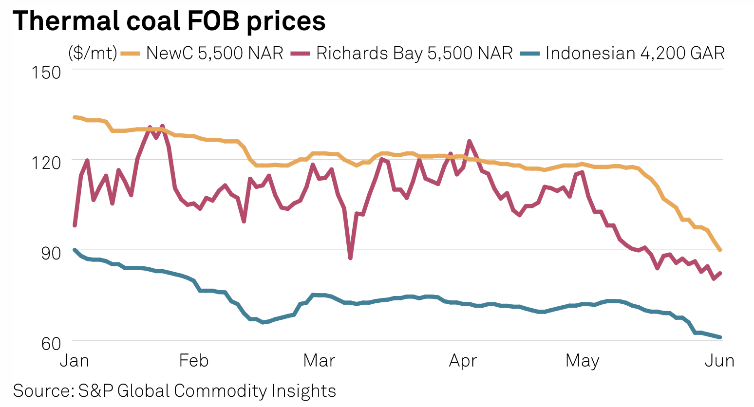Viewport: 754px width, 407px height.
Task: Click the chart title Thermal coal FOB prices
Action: tap(169, 21)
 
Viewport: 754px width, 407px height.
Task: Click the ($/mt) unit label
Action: tap(93, 53)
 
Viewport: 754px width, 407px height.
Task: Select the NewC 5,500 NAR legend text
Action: tap(215, 53)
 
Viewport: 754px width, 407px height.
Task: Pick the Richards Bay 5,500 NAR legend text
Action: tap(415, 53)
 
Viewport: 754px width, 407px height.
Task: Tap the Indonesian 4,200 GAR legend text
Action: tap(635, 53)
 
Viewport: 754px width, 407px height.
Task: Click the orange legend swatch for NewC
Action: tap(131, 53)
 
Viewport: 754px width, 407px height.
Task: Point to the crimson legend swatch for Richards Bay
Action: tap(301, 53)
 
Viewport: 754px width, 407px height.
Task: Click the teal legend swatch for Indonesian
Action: tap(530, 53)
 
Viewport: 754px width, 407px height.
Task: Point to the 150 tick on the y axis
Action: tap(46, 73)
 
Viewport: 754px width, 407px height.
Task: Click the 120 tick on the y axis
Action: tap(46, 163)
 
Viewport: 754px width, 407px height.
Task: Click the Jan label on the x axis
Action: tap(75, 361)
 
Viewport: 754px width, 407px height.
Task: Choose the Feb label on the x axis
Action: tap(194, 361)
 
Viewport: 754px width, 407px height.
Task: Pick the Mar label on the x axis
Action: tap(319, 361)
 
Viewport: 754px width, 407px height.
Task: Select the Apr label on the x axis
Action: tap(463, 361)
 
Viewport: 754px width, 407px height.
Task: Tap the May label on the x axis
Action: tap(582, 361)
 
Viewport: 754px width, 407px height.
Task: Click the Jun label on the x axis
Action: tap(720, 361)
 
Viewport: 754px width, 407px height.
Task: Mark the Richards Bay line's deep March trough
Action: tap(350, 258)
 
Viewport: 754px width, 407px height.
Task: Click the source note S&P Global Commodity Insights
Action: tap(174, 391)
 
